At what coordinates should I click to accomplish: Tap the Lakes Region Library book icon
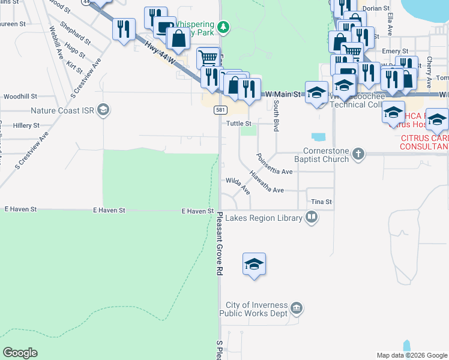tap(311, 217)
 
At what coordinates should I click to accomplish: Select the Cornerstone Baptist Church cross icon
tap(358, 154)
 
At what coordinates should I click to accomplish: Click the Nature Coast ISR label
tap(63, 110)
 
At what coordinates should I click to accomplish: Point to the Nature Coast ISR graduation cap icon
tap(103, 110)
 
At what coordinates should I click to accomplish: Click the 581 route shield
tap(221, 110)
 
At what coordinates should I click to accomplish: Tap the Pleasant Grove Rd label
tap(220, 243)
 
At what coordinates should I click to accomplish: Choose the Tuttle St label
tap(238, 124)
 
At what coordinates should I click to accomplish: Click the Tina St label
tap(321, 202)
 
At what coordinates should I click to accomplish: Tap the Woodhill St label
tap(20, 96)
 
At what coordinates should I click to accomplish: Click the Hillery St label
tap(26, 125)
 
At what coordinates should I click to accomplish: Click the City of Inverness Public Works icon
tap(296, 308)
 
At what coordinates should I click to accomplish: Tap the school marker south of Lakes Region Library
tap(254, 263)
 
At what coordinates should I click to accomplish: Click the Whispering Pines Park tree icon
tap(223, 26)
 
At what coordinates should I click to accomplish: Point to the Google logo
tap(20, 353)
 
